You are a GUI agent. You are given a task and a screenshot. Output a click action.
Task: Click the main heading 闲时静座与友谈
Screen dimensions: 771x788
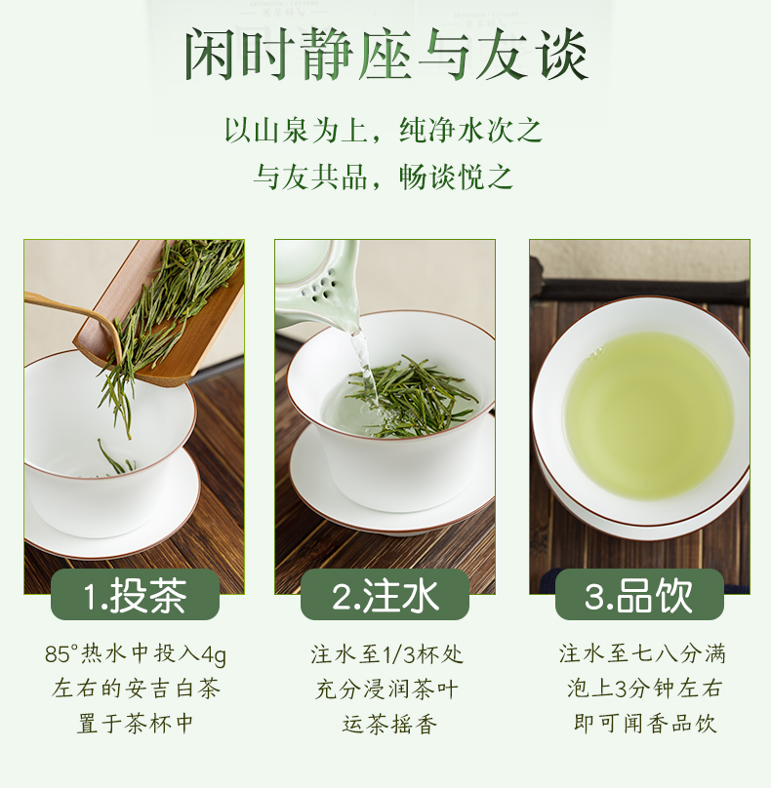385,55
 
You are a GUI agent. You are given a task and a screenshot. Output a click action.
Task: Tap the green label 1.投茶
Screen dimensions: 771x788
135,595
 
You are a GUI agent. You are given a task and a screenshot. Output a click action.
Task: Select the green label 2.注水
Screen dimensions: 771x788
385,595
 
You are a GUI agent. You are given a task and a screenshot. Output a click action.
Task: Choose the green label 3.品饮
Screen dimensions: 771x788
639,595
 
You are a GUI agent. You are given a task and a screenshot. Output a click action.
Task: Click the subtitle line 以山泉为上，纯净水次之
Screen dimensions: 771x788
384,130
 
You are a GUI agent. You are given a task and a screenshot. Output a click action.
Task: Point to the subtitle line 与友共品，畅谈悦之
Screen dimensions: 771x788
384,177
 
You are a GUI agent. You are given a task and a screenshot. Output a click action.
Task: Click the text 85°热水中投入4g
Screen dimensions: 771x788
136,654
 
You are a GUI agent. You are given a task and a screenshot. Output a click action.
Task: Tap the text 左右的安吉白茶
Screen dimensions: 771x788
136,689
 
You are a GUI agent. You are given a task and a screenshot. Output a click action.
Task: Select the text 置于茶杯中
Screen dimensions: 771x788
136,724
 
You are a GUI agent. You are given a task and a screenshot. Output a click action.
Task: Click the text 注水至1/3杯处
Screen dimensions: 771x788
386,654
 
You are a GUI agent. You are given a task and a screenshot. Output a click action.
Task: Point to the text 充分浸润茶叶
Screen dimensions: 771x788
386,689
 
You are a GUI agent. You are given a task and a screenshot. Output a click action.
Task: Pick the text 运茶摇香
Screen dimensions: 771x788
389,724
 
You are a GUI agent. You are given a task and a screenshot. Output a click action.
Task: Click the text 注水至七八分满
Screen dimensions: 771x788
642,654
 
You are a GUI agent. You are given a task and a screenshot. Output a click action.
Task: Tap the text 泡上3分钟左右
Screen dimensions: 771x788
644,689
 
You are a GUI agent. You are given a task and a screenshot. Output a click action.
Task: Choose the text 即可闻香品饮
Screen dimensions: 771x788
645,724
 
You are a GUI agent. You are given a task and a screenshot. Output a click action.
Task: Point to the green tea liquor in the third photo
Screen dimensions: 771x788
649,415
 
